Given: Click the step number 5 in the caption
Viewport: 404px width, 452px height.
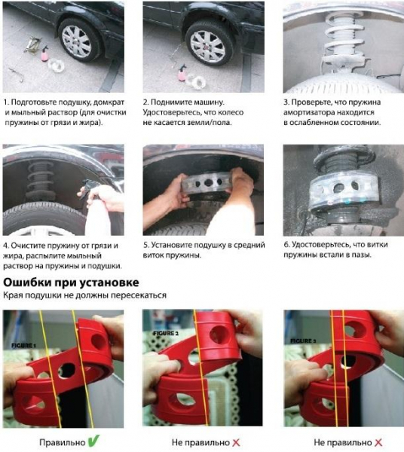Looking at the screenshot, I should pyautogui.click(x=146, y=245).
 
